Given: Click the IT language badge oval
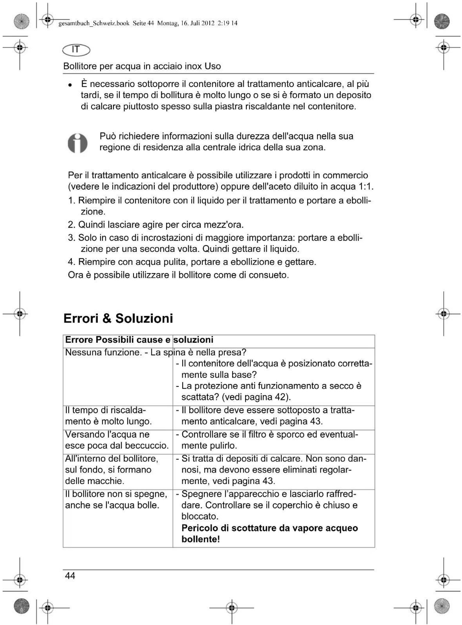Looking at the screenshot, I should point(76,50).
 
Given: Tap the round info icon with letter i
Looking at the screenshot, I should point(77,143).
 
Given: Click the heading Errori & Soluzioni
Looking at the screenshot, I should point(118,318).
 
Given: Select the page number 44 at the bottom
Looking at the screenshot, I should point(70,575).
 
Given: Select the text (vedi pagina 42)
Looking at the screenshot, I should point(256,397).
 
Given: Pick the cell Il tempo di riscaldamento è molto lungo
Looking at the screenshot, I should point(108,416).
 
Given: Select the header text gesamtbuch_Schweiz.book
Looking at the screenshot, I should point(94,23).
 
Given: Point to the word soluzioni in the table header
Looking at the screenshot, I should point(194,340).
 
